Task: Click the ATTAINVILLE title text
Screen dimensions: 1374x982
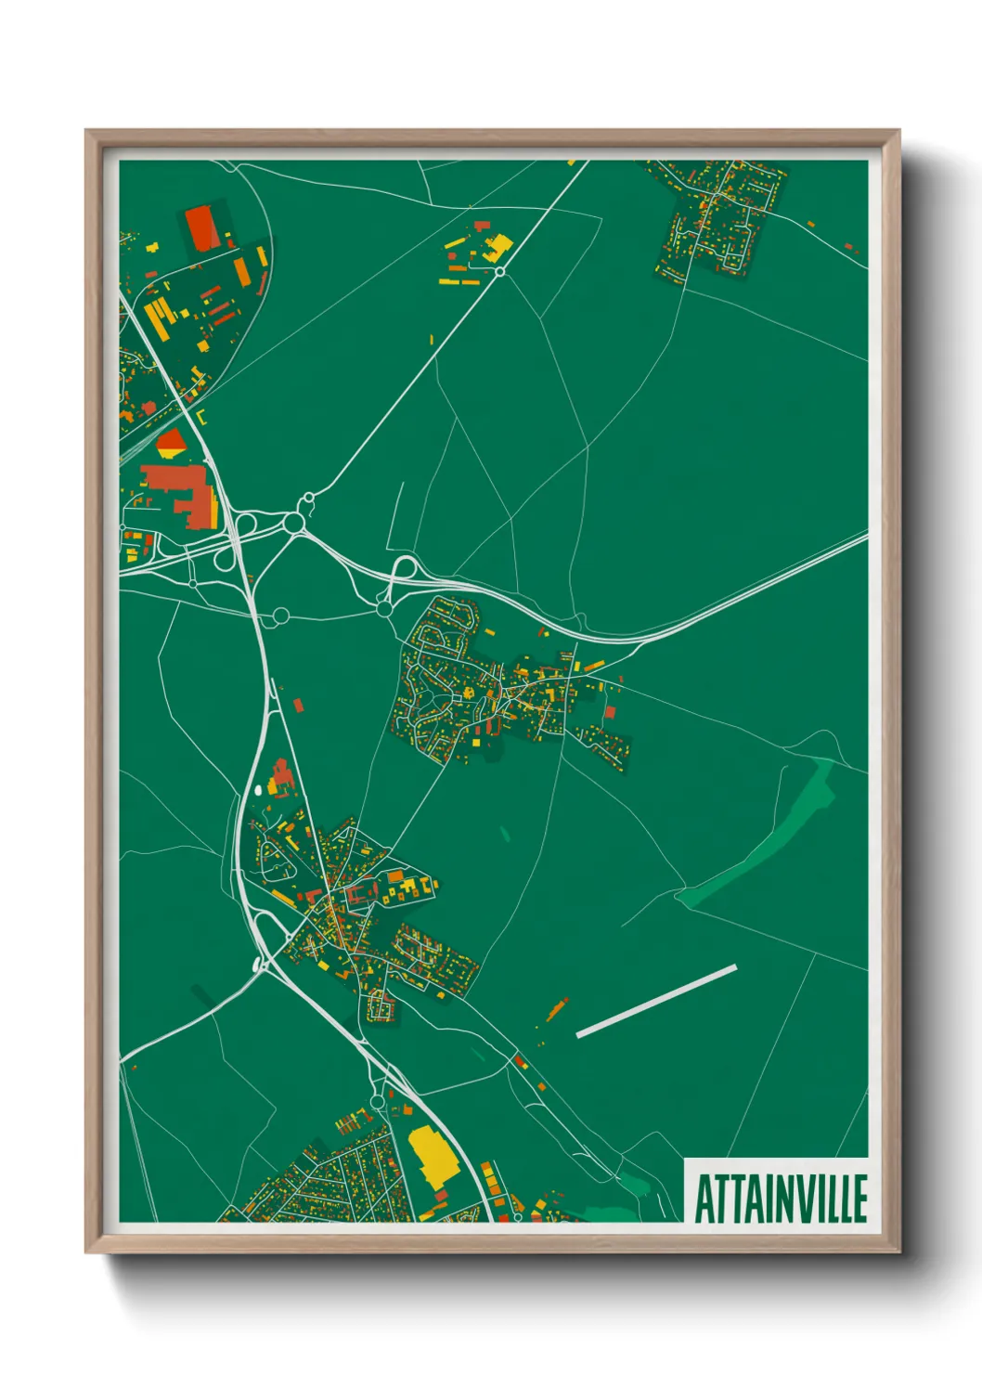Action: pos(780,1198)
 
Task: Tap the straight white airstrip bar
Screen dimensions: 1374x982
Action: pos(656,1001)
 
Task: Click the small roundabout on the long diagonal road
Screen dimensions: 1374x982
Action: pos(499,271)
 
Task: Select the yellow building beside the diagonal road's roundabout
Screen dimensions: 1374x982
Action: pos(497,246)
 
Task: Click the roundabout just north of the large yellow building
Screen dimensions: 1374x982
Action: pos(378,1102)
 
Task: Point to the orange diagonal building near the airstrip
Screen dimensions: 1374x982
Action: pos(557,1008)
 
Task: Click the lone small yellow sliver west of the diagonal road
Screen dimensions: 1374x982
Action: pos(432,339)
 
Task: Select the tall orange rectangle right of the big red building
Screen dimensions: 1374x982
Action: pos(241,270)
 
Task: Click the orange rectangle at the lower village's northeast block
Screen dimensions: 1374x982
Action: pos(396,875)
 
